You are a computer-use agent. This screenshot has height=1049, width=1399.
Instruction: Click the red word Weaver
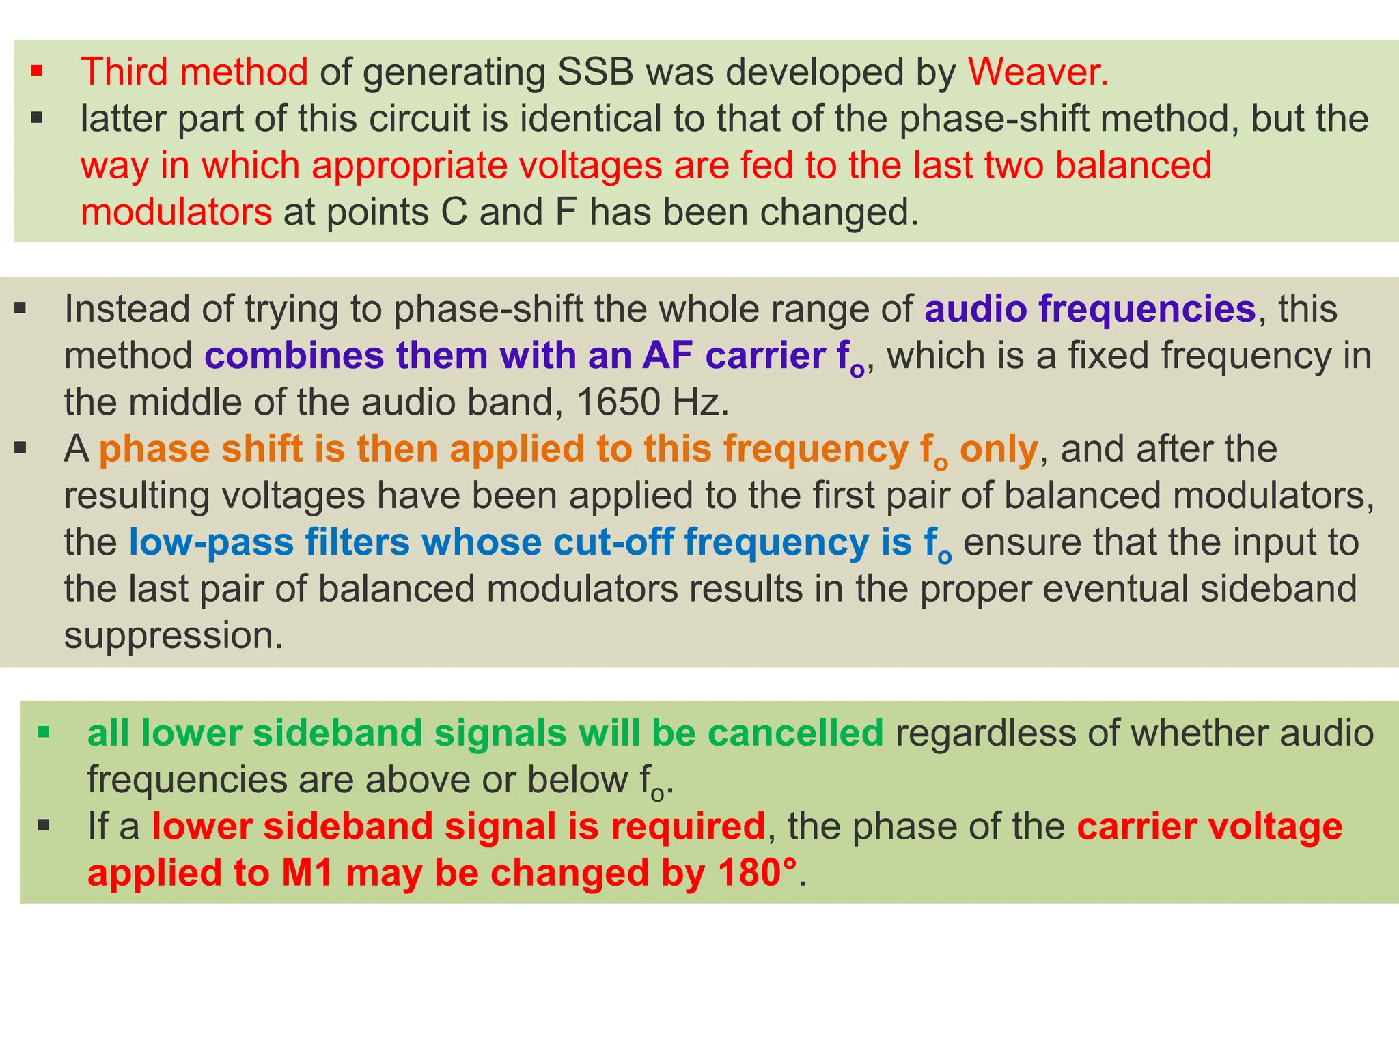click(1037, 72)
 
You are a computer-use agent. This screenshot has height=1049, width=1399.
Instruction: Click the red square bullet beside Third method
click(37, 70)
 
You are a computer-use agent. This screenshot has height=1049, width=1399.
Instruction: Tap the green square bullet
click(44, 733)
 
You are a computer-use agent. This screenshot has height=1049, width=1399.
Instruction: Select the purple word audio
click(975, 309)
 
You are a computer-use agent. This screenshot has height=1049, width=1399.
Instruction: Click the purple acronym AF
click(667, 356)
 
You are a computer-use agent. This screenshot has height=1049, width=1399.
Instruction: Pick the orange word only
click(999, 449)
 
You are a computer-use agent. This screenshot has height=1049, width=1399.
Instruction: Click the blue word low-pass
click(211, 542)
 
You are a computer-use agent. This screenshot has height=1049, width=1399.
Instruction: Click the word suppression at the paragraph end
click(173, 636)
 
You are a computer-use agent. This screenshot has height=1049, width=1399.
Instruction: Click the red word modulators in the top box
click(176, 212)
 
